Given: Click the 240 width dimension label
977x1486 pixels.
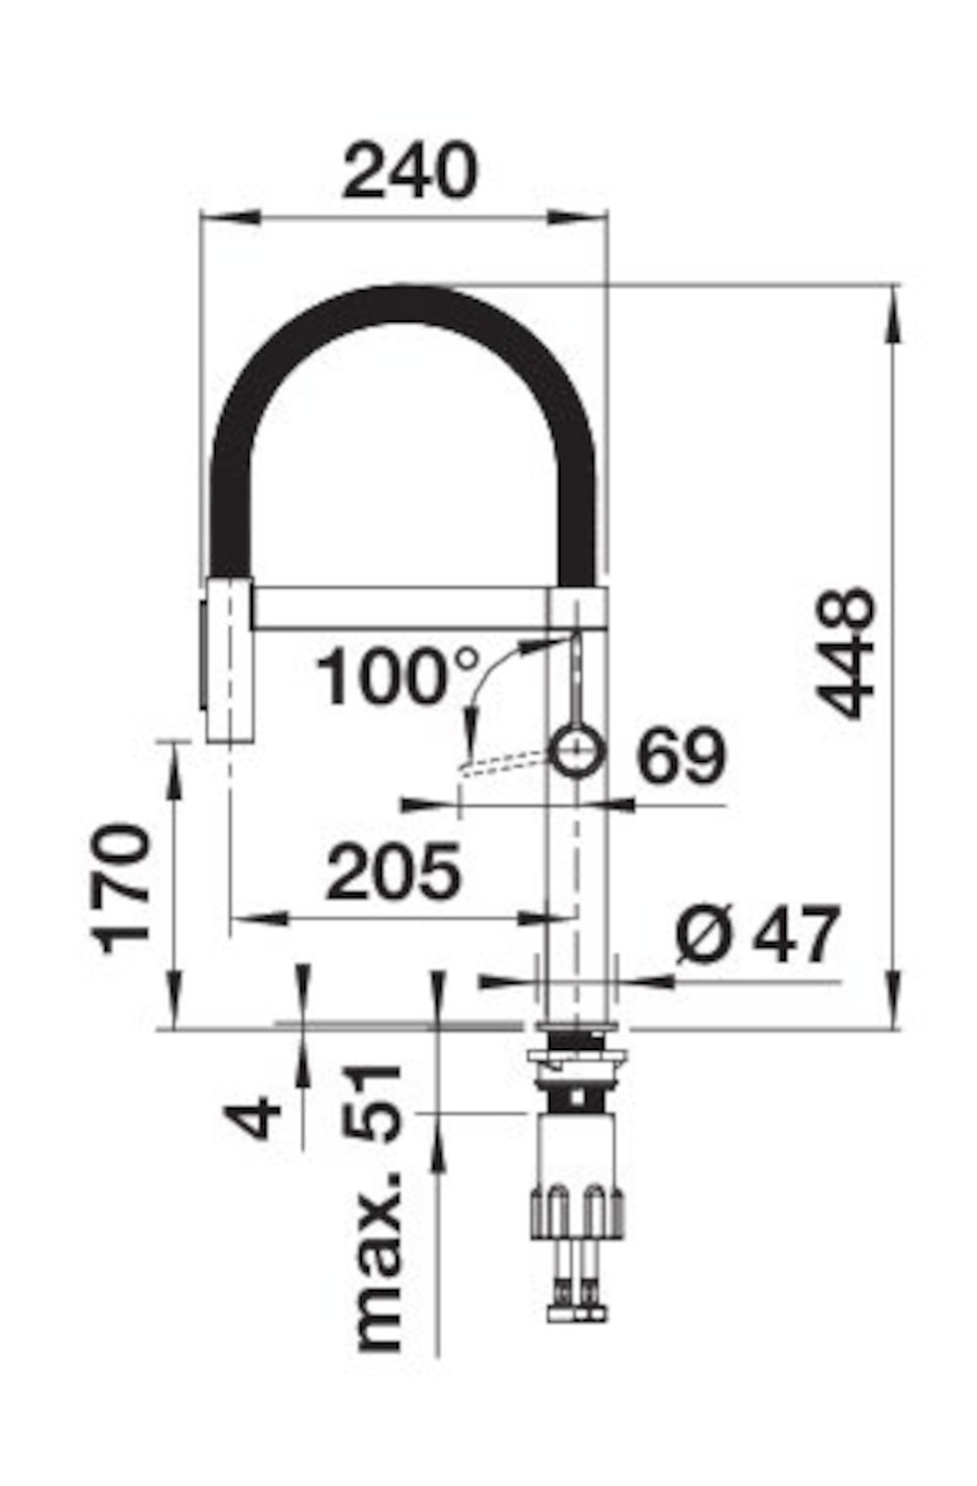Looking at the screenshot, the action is (409, 170).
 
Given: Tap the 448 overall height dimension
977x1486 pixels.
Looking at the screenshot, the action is (845, 654).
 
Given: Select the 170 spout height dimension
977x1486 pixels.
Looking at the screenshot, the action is (120, 889).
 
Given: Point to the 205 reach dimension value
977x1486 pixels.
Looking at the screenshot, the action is (393, 871).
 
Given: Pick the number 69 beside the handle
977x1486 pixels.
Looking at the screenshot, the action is (682, 756).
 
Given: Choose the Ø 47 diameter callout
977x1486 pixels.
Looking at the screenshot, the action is (758, 933).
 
